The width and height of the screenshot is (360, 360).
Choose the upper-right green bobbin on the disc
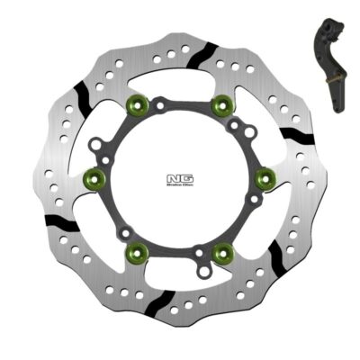pyautogui.click(x=219, y=107)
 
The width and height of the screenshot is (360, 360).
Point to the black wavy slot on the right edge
pyautogui.click(x=295, y=135)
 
